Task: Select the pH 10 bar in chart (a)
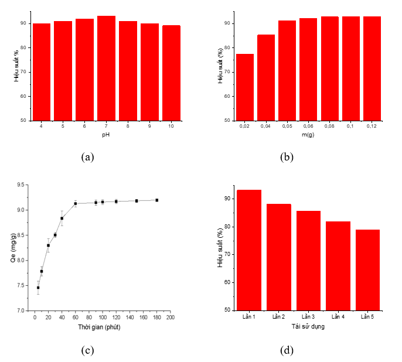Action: (x=171, y=73)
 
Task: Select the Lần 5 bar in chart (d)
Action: (x=367, y=269)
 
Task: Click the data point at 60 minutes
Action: (x=76, y=203)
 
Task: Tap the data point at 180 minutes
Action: (x=156, y=200)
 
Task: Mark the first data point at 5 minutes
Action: (x=38, y=288)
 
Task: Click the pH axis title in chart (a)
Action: (x=106, y=135)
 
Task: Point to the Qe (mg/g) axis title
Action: (x=12, y=248)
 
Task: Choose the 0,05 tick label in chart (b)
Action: (x=287, y=127)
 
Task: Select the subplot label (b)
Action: (x=287, y=156)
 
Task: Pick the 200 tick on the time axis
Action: (x=170, y=317)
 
